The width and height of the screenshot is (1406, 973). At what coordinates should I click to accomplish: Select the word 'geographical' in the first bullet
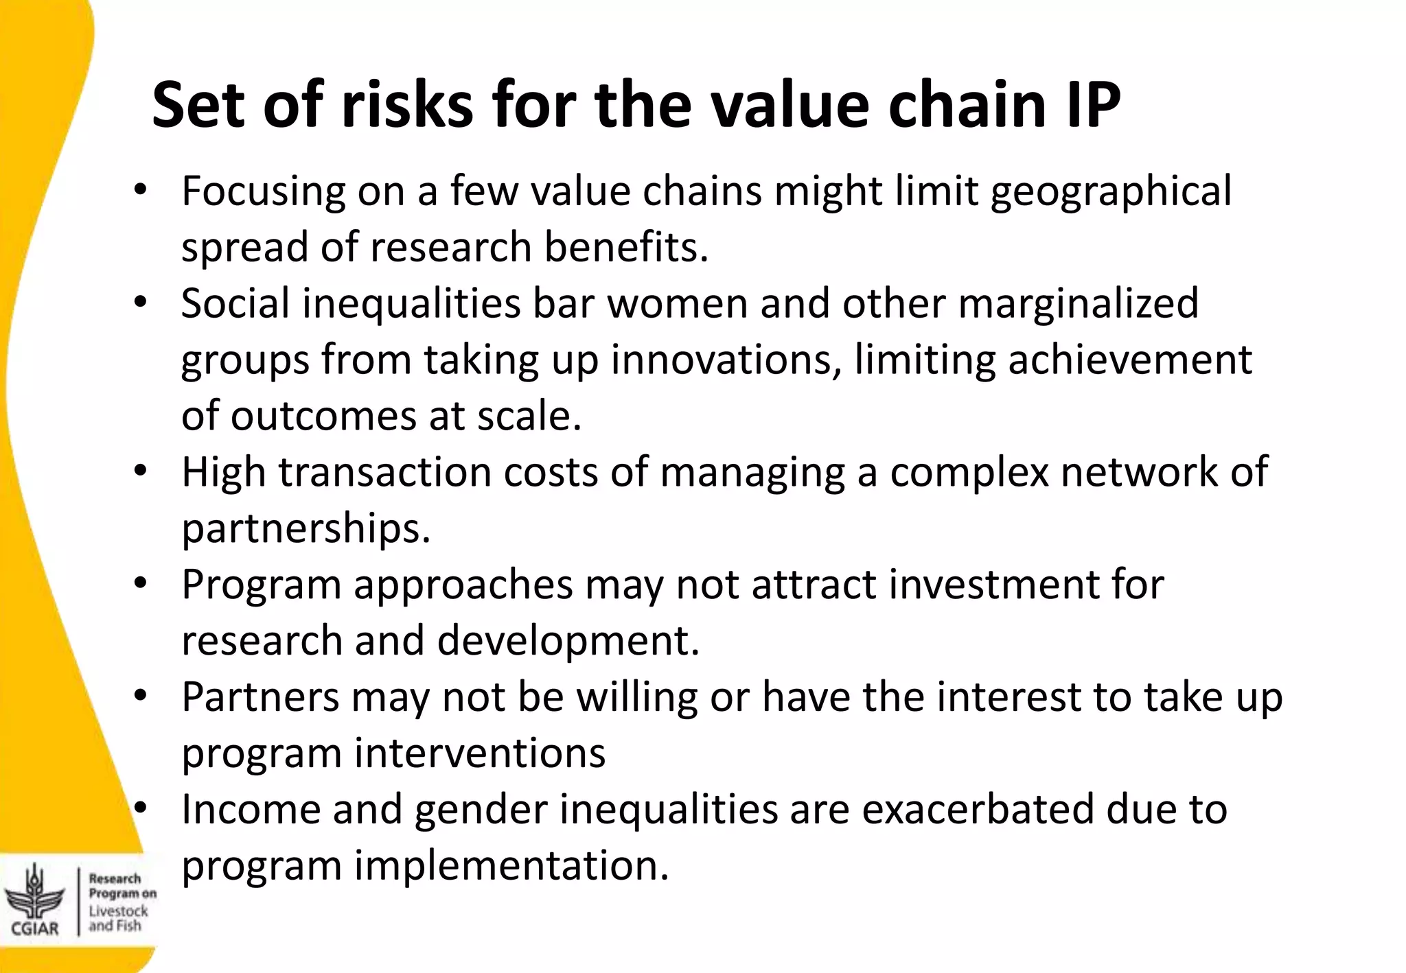[1111, 191]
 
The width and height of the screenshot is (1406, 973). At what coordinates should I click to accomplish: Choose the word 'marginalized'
[1078, 303]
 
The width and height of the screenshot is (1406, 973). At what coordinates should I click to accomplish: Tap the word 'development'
[567, 641]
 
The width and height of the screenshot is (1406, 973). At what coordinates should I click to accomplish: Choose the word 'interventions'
[479, 753]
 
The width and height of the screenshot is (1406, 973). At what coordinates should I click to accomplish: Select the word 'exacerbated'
[977, 810]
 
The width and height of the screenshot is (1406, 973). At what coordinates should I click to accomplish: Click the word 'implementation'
[510, 866]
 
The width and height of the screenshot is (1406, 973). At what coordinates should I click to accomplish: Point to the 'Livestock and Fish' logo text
[118, 918]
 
